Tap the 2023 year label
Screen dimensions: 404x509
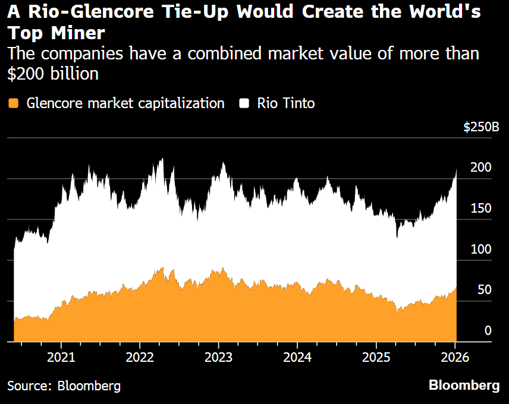[218, 358]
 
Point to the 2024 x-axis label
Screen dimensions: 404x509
[297, 358]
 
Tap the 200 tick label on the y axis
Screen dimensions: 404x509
[480, 168]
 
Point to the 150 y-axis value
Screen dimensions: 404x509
[480, 209]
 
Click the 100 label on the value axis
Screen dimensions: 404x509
[480, 250]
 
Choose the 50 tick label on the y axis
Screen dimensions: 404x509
[483, 290]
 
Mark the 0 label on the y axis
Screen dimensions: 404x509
[488, 331]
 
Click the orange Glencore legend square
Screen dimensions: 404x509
[14, 103]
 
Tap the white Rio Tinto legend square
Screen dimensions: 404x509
[244, 103]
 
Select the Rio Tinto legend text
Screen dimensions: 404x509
[285, 103]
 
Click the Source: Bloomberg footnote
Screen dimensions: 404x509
[64, 386]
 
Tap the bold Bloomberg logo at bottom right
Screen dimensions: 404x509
[464, 386]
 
